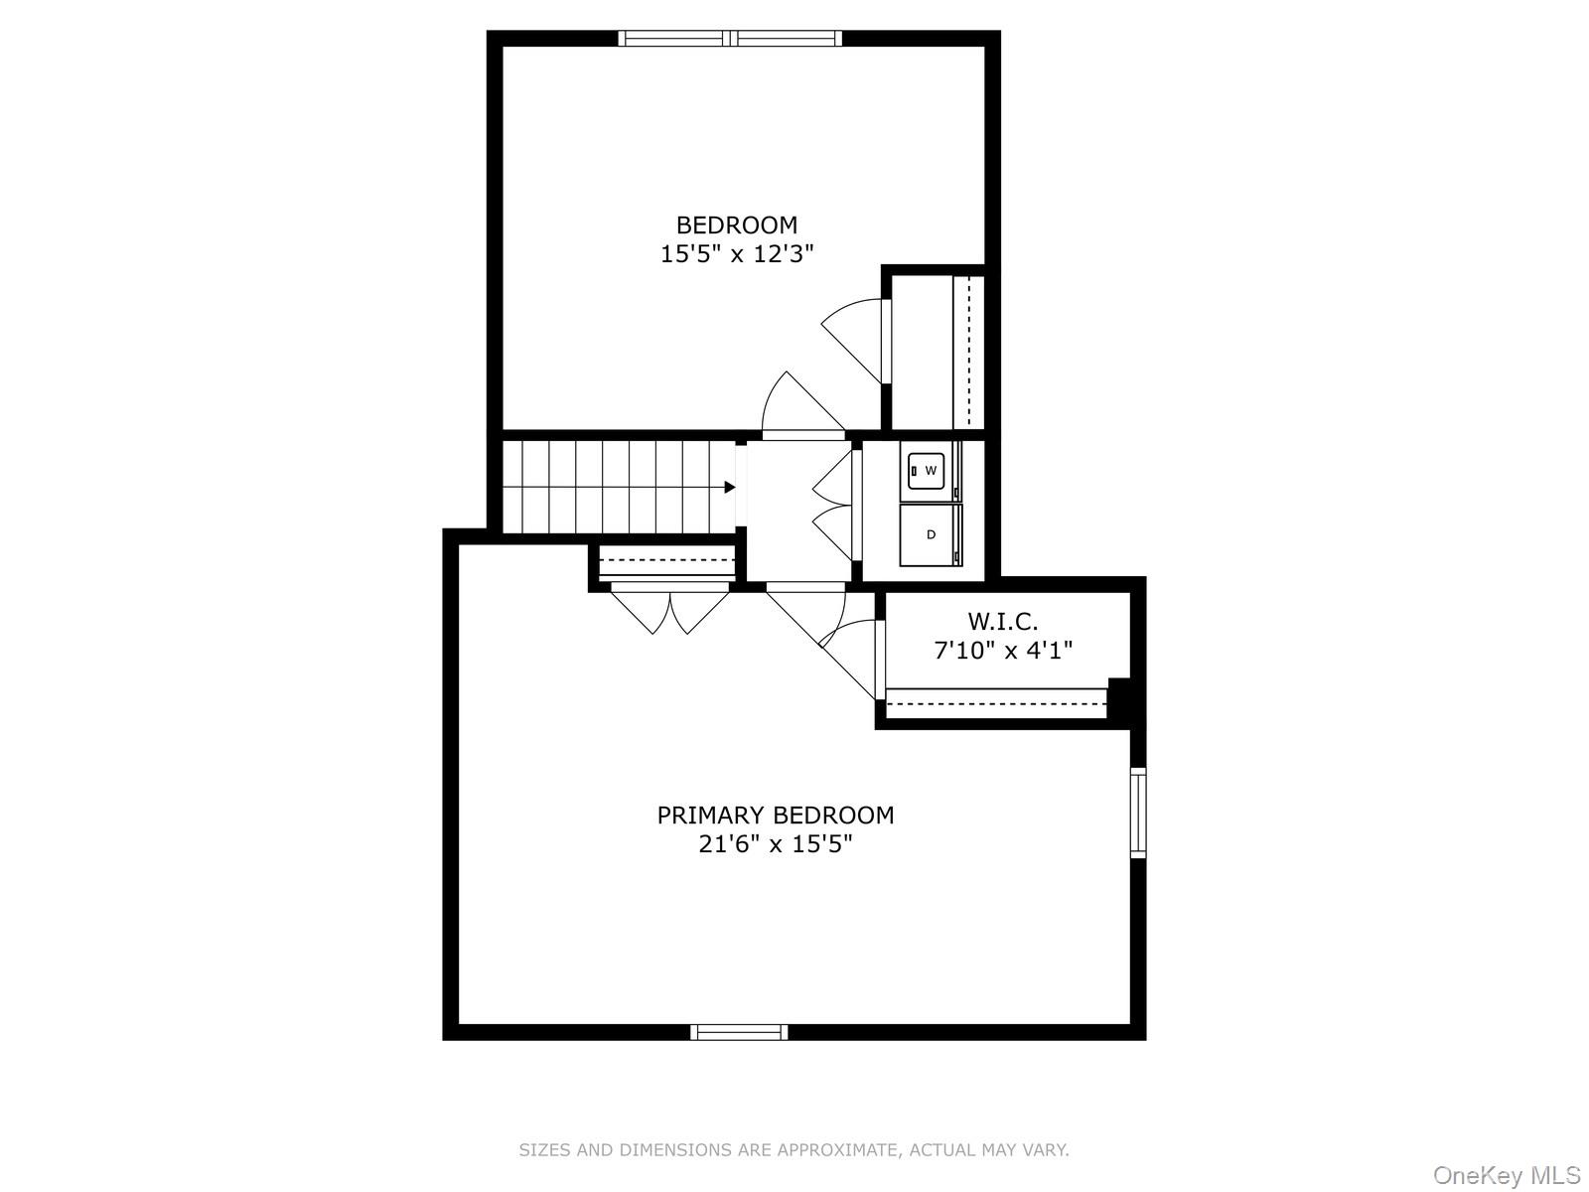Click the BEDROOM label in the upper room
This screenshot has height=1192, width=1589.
click(736, 224)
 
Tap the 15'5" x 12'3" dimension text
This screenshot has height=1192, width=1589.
click(736, 254)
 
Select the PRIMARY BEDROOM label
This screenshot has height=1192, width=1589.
click(775, 816)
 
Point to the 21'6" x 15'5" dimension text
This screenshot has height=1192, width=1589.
click(775, 845)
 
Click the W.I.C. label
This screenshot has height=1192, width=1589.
click(1003, 622)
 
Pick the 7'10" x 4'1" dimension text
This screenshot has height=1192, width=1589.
click(1003, 652)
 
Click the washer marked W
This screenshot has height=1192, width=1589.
click(930, 471)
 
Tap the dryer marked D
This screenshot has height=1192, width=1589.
click(931, 534)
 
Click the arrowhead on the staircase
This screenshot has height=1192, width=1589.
click(730, 487)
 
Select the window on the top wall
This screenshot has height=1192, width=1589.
click(730, 39)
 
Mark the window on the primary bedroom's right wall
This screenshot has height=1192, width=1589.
click(1138, 812)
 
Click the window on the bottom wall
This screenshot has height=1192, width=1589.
click(739, 1032)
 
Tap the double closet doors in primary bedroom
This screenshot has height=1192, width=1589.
click(671, 610)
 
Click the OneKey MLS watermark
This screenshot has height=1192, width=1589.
click(1506, 1176)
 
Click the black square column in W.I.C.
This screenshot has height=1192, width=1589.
click(1119, 697)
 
